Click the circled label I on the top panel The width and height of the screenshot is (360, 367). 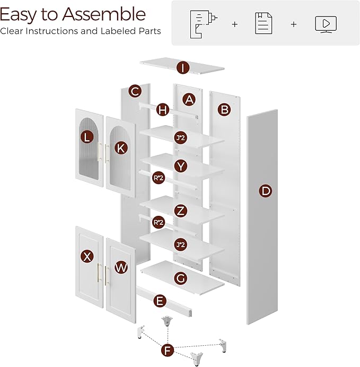183,68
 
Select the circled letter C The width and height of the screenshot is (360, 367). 135,91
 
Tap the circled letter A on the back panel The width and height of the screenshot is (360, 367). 189,99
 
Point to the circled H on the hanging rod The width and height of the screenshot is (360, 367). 163,110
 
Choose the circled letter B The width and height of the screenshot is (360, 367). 224,110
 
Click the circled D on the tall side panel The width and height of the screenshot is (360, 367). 266,191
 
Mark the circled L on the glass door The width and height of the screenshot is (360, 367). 86,137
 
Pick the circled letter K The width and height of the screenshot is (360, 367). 121,148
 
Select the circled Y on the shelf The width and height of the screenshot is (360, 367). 181,166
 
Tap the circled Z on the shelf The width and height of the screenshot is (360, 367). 181,211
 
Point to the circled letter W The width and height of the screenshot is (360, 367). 121,267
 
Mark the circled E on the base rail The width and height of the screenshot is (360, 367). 159,301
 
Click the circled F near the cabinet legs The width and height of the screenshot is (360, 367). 168,351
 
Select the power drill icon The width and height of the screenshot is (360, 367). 201,24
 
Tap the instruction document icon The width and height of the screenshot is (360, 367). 264,24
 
